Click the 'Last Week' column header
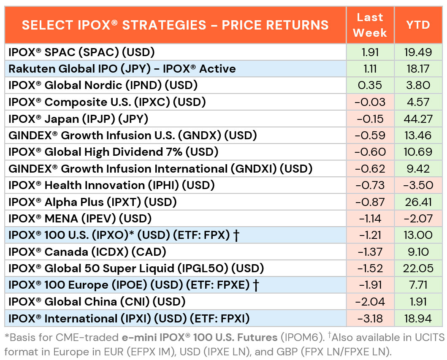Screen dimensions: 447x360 370,25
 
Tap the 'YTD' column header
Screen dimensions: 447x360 418,25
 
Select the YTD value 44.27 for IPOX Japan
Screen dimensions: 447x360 418,119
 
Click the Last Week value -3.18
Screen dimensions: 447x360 370,318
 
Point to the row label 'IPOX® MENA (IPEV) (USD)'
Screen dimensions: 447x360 80,219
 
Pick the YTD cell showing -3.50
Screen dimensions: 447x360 418,185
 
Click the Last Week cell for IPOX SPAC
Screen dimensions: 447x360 370,52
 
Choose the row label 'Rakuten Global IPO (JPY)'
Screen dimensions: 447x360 79,69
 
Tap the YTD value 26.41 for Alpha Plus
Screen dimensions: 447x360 418,202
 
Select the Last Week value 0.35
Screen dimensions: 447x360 370,85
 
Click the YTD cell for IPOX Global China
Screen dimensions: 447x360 418,302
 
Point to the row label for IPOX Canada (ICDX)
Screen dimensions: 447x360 87,252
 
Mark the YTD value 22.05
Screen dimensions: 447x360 418,268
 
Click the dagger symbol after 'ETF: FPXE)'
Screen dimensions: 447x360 256,285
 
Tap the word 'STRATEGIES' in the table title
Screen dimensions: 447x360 164,25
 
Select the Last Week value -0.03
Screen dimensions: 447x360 370,102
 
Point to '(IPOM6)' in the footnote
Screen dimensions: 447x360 302,338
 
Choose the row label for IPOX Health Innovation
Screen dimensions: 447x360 111,186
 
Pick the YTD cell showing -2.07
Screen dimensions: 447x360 418,219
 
